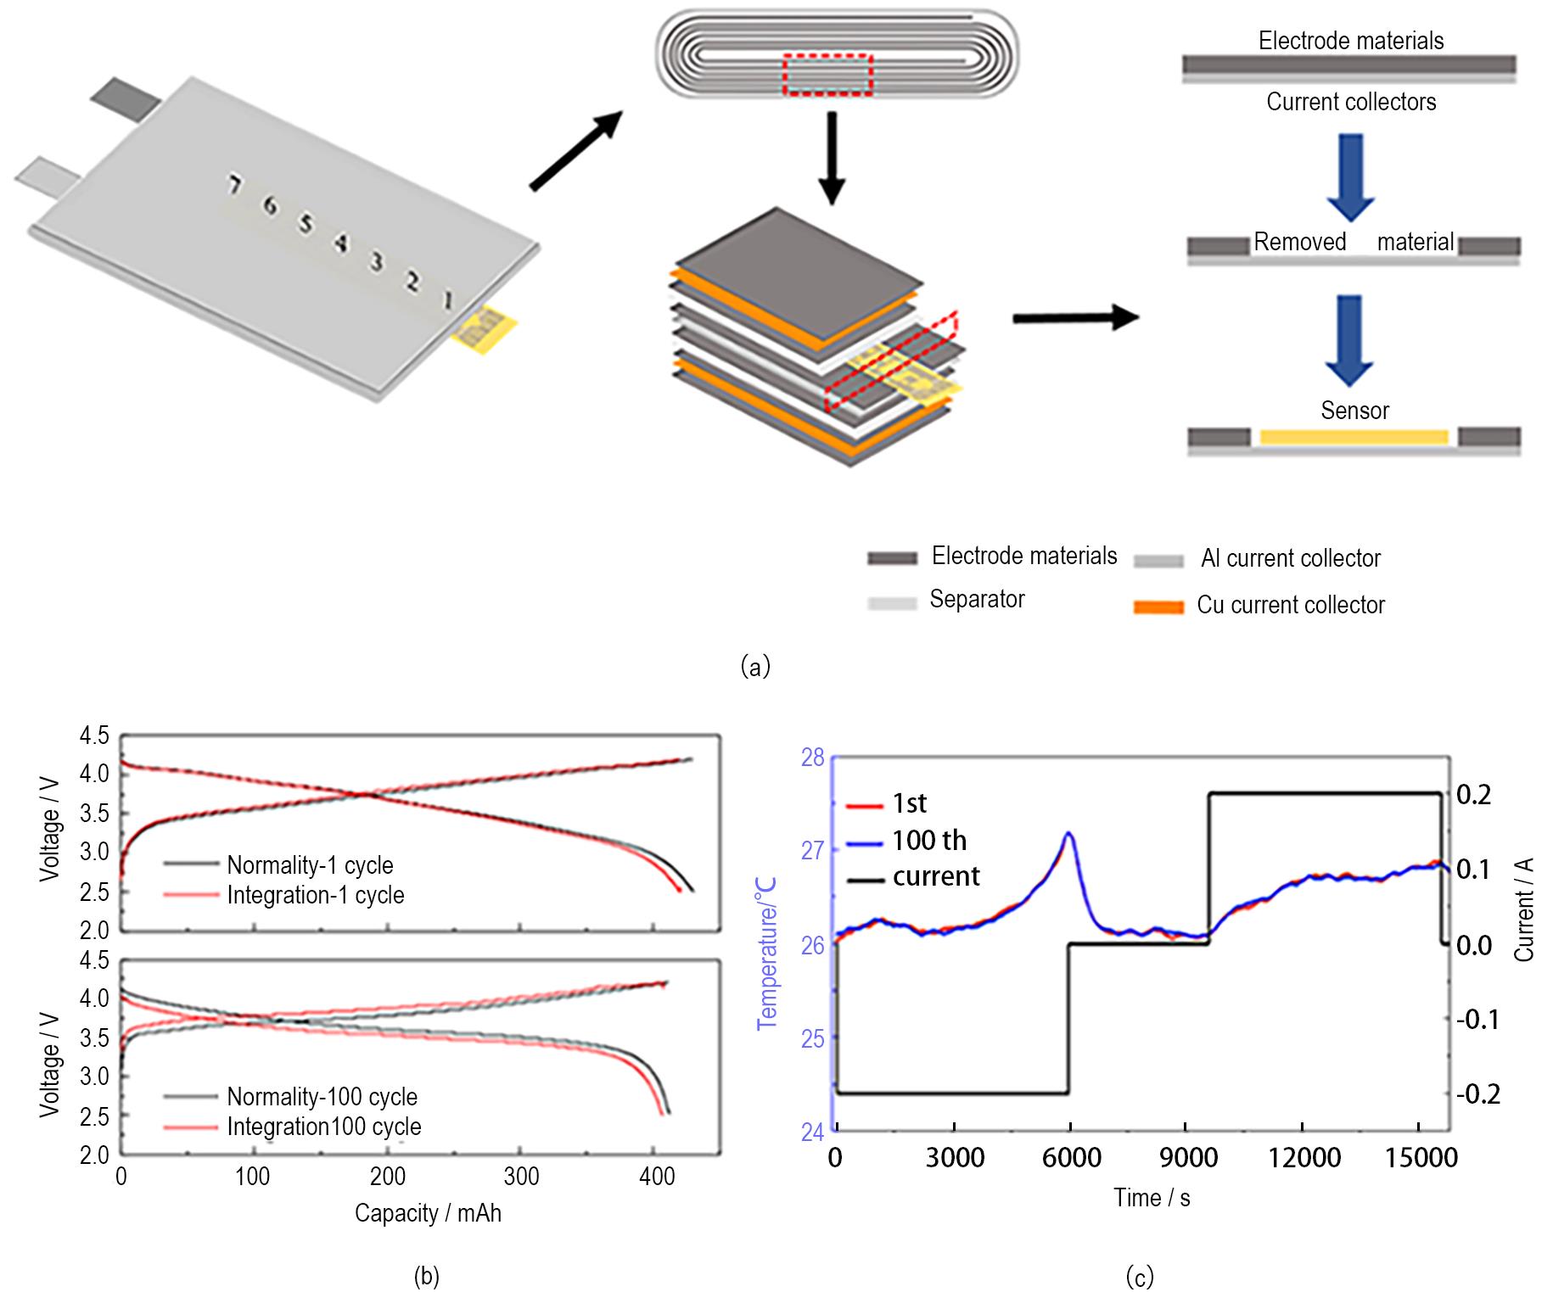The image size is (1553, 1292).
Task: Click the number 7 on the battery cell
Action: [234, 184]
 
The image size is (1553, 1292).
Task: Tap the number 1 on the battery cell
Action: [448, 299]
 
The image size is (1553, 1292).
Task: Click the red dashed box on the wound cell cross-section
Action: [827, 75]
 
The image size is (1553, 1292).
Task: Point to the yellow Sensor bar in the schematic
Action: [1354, 437]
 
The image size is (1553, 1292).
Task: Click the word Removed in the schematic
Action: [1299, 242]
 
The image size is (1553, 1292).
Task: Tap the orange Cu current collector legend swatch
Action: [1158, 607]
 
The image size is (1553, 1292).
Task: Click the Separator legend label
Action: [977, 599]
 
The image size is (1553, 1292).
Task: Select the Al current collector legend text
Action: [1290, 558]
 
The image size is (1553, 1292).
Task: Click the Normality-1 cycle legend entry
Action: [310, 865]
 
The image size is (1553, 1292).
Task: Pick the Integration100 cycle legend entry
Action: [323, 1127]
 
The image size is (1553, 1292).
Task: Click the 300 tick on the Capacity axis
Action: [521, 1177]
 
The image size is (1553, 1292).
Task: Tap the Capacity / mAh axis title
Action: [428, 1213]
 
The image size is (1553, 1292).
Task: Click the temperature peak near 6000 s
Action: [1068, 834]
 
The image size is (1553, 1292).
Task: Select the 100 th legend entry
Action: [928, 840]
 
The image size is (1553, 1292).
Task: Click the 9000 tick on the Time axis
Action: [1188, 1157]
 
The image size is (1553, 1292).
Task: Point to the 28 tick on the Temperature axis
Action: [813, 757]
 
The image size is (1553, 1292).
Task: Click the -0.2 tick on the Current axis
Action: [1477, 1093]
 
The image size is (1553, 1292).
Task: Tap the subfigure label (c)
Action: [1139, 1276]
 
